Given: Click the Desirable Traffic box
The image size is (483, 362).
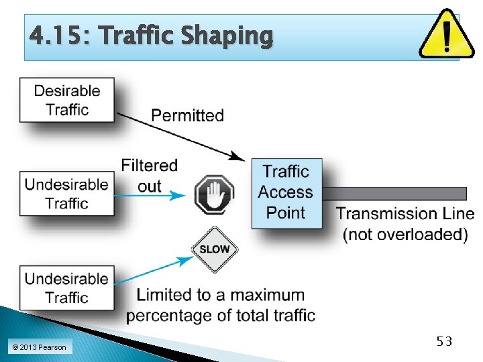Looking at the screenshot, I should click(67, 100).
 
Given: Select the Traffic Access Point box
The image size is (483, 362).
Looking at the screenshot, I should click(286, 192).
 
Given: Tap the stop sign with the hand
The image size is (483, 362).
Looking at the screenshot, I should click(214, 195).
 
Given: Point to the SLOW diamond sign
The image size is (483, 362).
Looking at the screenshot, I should click(214, 249).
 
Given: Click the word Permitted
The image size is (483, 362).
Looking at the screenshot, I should click(187, 115).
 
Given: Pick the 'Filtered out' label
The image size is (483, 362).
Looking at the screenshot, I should click(150, 175).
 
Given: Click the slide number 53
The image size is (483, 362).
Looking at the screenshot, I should click(444, 341).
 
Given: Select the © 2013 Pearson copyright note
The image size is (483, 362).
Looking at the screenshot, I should click(39, 347).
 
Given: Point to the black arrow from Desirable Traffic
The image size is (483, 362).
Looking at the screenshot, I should click(181, 137).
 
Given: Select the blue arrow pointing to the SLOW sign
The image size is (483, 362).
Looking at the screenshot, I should click(154, 271).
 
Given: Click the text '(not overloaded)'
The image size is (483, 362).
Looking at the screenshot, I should click(405, 234).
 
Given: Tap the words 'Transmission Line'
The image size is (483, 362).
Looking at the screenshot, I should click(405, 214).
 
